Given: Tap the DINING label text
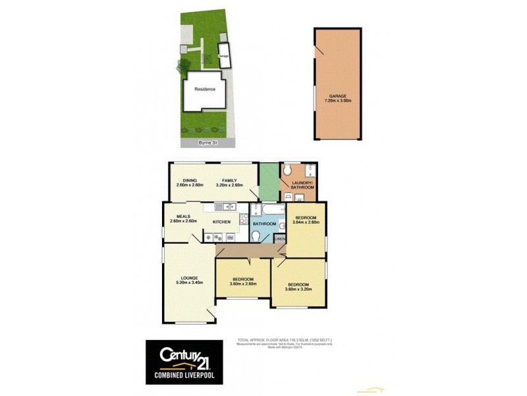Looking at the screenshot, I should tap(190, 180).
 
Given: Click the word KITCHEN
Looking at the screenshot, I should tap(221, 221).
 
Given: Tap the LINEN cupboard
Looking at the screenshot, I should tap(279, 239).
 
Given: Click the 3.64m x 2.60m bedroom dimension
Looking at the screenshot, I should tap(306, 222).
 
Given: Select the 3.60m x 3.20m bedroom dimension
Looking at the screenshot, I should tap(298, 289).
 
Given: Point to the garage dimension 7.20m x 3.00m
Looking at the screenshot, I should tap(338, 101).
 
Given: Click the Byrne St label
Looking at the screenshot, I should tap(207, 143).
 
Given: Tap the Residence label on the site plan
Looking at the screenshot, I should tap(204, 89).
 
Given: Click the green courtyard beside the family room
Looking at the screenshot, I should tap(268, 180).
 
